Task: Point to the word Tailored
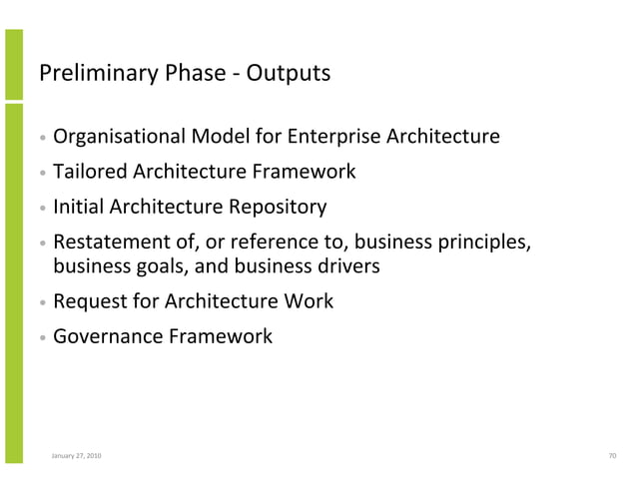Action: pos(87,171)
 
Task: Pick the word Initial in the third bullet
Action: pos(78,208)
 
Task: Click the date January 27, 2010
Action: pos(75,456)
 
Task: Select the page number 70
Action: pos(612,456)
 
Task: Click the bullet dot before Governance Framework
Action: pos(43,338)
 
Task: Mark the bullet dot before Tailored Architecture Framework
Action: pos(43,172)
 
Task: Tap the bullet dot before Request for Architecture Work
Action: pos(43,302)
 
